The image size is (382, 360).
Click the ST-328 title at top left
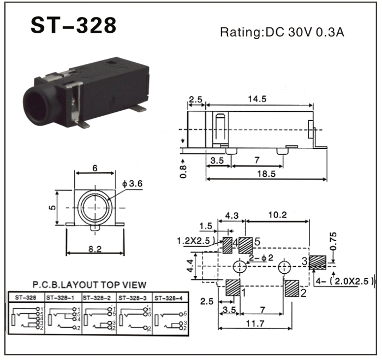coord(73,25)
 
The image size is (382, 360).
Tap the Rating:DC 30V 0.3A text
coord(282,32)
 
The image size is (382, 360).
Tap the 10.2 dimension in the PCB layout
coord(277,215)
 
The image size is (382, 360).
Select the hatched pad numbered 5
coord(246,245)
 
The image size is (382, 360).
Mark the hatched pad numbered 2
coord(291,287)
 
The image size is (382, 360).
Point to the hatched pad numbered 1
coord(231,287)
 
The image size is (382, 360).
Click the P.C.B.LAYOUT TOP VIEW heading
coord(89,284)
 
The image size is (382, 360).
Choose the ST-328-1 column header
coord(62,298)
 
